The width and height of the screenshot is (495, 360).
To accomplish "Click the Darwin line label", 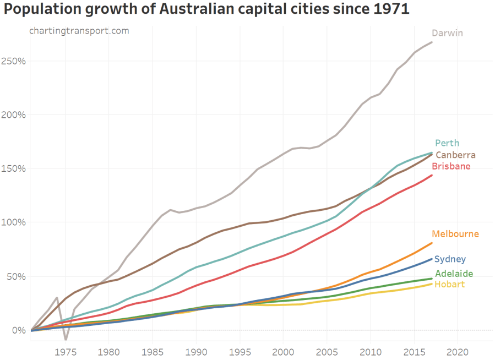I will coord(447,33).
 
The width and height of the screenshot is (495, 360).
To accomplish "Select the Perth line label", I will coord(447,143).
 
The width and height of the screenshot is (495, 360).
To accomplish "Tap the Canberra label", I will coord(455,155).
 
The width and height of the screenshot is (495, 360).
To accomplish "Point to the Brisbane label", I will coord(451,166).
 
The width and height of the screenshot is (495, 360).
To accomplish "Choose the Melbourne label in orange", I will coord(455,234).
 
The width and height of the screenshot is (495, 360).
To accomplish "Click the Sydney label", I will coord(450,259).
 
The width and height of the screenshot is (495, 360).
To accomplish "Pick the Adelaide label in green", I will coord(454,274).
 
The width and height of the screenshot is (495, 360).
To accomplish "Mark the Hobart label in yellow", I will coord(449,284).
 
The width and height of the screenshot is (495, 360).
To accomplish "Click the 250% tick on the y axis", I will coord(13,61).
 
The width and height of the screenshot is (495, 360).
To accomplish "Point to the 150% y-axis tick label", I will coord(13,168).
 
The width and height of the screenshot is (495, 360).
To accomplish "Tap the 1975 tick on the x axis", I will coord(66,351).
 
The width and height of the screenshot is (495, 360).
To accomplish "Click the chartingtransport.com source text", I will coord(79,31).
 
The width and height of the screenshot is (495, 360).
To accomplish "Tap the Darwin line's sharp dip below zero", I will coord(66,340).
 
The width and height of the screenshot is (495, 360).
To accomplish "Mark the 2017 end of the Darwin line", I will coord(432,42).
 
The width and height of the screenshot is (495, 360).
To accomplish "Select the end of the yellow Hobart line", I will coord(432,283).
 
